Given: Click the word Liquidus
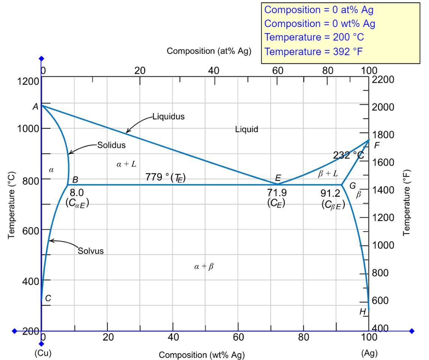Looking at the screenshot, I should (x=169, y=116).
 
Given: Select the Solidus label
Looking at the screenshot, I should (x=111, y=145).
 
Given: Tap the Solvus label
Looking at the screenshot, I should (x=90, y=250).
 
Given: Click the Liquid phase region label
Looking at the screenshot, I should (x=247, y=130).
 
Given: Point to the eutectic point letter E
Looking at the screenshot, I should (x=278, y=178).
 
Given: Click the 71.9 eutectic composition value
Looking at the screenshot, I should (x=277, y=193).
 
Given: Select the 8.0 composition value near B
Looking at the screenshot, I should (x=77, y=193).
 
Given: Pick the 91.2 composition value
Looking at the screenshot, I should (x=330, y=193).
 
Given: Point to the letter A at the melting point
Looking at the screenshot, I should (x=35, y=107).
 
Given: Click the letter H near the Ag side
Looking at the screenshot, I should (x=362, y=312).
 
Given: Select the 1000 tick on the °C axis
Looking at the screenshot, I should (x=28, y=128).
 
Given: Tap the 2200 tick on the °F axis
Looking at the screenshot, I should (x=383, y=80).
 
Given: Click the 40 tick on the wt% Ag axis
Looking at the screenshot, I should (x=173, y=337).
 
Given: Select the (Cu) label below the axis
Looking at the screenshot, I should (x=43, y=353).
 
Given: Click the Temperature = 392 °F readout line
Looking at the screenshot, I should (x=314, y=51).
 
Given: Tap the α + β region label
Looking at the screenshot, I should (x=204, y=267).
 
